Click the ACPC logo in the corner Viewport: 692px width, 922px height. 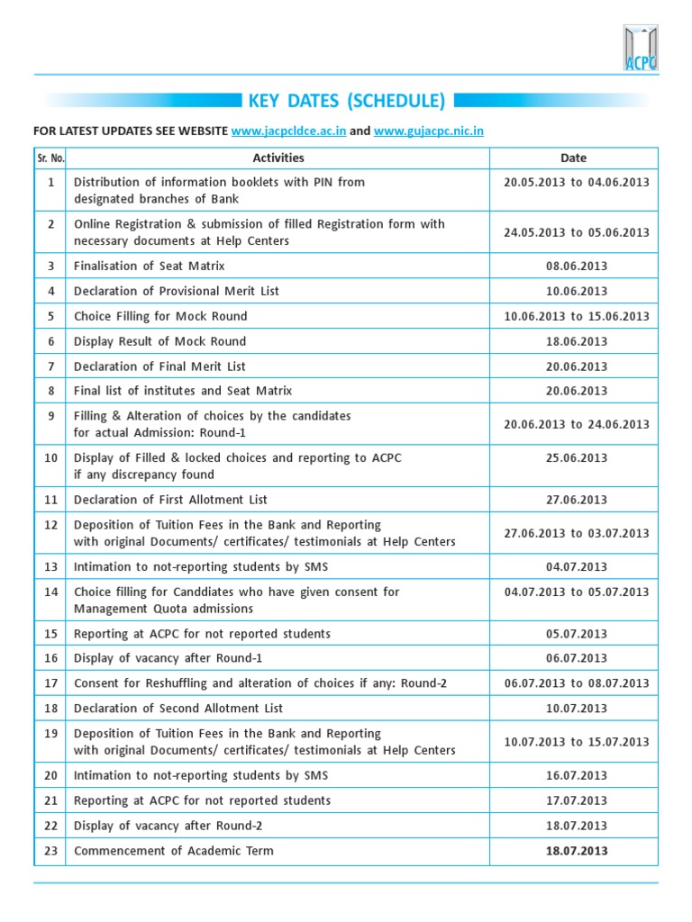click(x=640, y=47)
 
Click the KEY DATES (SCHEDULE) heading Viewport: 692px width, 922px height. click(x=346, y=100)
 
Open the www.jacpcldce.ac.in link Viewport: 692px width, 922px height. click(x=288, y=131)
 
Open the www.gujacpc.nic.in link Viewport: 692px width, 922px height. click(x=428, y=131)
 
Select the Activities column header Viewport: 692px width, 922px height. click(x=278, y=158)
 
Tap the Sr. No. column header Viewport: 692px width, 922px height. click(x=50, y=158)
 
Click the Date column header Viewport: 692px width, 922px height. click(x=573, y=158)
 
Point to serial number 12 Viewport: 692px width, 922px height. click(x=51, y=525)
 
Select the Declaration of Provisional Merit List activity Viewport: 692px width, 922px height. click(x=177, y=291)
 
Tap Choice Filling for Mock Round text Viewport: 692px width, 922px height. click(x=160, y=316)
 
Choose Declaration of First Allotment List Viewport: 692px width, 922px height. click(x=170, y=500)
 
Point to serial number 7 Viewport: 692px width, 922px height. click(x=51, y=366)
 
